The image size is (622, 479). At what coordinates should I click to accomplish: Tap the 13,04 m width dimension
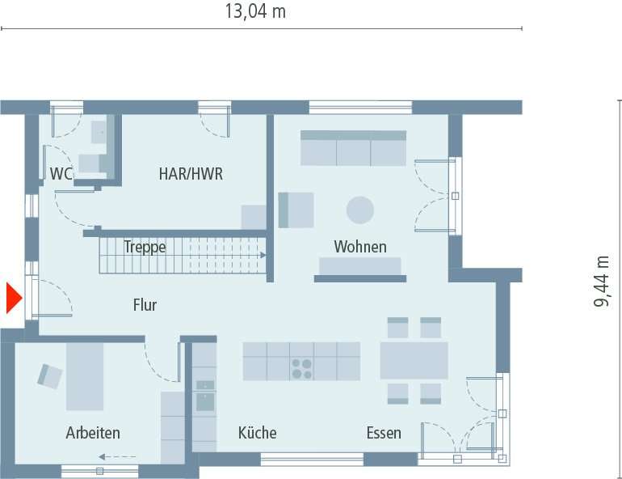pos(254,11)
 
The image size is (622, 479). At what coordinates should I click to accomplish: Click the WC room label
pos(61,173)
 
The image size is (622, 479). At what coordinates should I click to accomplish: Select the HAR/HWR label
pos(191,173)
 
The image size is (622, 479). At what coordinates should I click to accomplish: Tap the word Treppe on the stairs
pos(145,247)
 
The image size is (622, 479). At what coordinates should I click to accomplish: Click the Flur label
pos(145,305)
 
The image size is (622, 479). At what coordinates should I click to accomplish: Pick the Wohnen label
pos(360,247)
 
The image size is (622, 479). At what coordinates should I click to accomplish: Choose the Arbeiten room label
pos(93,433)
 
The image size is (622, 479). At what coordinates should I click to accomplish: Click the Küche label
pos(257,433)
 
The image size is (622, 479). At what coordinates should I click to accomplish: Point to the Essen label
pos(383,433)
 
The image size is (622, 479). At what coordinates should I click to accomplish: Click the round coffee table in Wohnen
pos(360,210)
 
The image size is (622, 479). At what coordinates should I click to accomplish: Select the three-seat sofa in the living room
pos(353,148)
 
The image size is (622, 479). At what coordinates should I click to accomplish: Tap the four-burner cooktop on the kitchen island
pos(302,369)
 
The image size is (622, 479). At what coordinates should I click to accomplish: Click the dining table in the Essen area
pos(414,361)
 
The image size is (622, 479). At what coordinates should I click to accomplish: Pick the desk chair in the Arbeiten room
pos(50,375)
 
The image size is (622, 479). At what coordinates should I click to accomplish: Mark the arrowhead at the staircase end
pos(263,255)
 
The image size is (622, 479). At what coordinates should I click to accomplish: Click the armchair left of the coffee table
pos(296,210)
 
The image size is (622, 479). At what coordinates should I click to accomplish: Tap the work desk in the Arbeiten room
pos(85,376)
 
